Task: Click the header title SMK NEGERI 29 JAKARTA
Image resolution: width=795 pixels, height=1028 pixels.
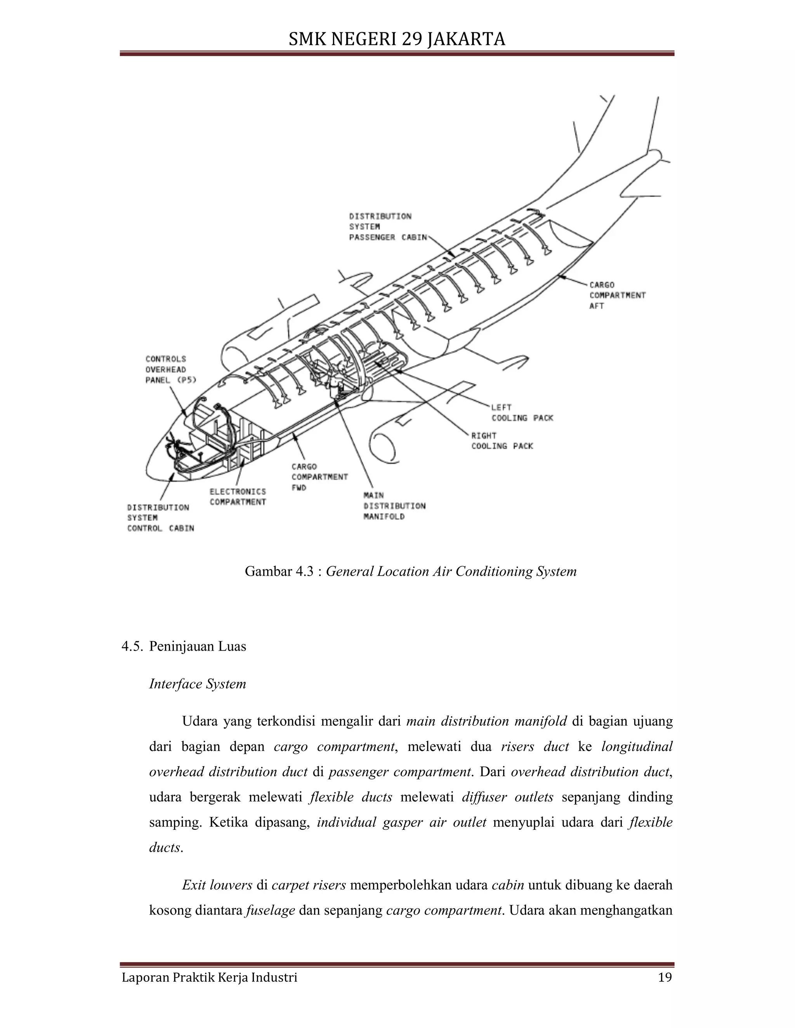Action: point(397,39)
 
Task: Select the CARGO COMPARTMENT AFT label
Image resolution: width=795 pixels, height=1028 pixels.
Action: point(617,295)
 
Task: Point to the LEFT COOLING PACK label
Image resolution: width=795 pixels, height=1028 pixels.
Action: point(522,412)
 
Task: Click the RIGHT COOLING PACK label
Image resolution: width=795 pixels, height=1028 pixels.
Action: point(502,441)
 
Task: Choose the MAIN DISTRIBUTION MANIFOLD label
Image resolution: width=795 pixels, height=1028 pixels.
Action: point(394,505)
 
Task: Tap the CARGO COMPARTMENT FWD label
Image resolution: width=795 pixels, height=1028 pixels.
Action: point(319,477)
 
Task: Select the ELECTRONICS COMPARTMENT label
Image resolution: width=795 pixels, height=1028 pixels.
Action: point(238,497)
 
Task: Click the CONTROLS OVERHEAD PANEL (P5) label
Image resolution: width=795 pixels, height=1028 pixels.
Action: point(170,369)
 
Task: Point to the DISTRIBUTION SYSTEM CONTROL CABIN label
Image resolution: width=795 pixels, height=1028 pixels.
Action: point(160,518)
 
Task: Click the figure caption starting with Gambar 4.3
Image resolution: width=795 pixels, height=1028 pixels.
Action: point(410,571)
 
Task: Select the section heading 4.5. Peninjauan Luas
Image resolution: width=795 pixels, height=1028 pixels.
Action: point(184,646)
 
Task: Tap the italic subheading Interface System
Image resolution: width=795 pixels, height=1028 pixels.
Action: point(197,684)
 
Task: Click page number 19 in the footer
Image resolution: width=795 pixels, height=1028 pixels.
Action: point(665,978)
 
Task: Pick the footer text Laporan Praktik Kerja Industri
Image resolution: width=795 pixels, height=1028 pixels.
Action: point(210,978)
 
